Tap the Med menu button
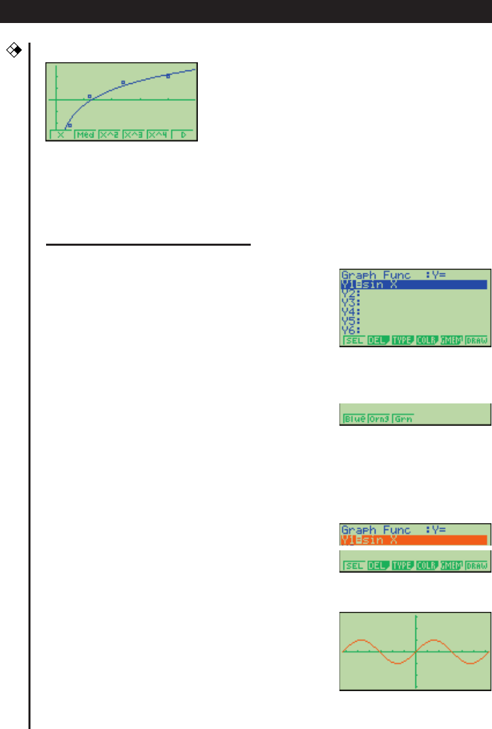pos(85,135)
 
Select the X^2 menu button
pos(110,135)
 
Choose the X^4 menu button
pos(159,135)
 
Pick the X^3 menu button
pos(134,135)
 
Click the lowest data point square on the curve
pos(69,125)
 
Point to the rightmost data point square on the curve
pos(168,76)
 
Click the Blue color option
pos(354,419)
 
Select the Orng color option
pos(380,419)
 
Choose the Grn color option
pos(403,419)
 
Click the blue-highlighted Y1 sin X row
pos(413,285)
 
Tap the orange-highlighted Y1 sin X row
pos(413,540)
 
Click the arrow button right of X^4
pos(183,135)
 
